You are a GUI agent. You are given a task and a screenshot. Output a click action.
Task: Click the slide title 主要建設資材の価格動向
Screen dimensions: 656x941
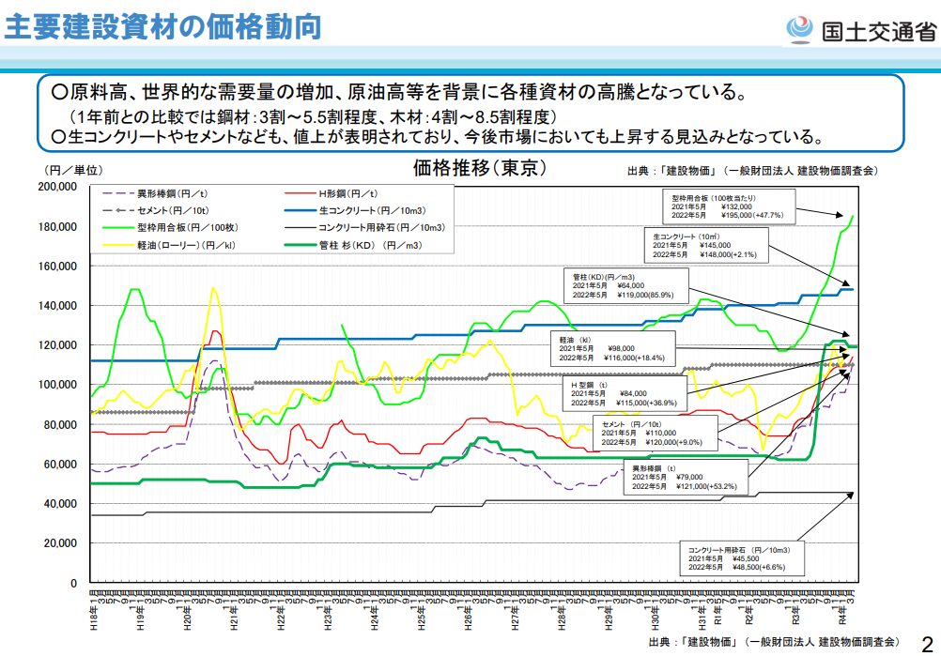coord(163,25)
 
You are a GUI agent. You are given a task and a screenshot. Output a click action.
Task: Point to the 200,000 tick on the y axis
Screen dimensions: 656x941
coord(57,187)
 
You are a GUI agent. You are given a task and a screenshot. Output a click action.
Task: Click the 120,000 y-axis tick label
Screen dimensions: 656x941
coord(57,345)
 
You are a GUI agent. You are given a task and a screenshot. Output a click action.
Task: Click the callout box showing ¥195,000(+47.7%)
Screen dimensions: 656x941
coord(728,206)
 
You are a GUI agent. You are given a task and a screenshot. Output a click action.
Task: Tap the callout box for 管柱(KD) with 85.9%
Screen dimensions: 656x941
coord(625,286)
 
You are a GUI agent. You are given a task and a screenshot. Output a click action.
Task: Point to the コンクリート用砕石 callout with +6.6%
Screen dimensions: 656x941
coord(742,558)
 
